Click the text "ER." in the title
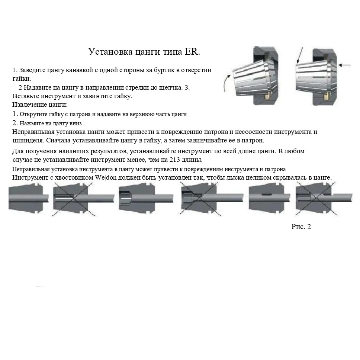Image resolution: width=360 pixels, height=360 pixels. (x=192, y=51)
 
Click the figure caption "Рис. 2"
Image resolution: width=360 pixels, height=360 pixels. (x=301, y=226)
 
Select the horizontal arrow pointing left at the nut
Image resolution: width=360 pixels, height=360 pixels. (x=345, y=65)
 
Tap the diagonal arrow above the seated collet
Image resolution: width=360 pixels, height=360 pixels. (x=300, y=54)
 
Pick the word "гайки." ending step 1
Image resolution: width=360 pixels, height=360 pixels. (x=22, y=78)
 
